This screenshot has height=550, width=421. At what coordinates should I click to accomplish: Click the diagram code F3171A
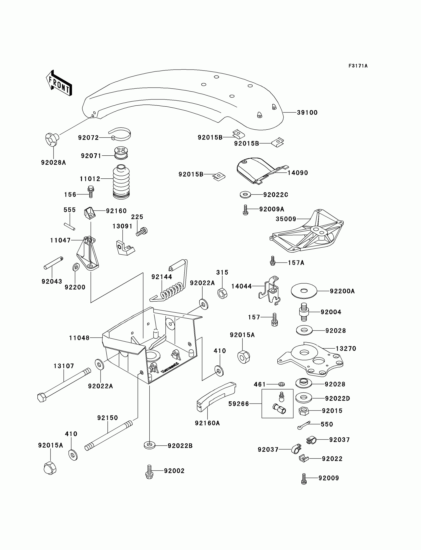click(358, 66)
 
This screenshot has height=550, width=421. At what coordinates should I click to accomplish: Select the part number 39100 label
click(307, 113)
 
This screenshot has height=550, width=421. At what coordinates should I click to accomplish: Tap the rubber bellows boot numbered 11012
click(121, 182)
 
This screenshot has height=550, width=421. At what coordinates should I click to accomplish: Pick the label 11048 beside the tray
click(79, 338)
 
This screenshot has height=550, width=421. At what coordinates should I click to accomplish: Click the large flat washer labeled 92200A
click(304, 291)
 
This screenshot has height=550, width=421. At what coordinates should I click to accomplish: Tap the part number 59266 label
click(238, 404)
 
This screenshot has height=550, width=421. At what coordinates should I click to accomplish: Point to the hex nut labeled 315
click(222, 293)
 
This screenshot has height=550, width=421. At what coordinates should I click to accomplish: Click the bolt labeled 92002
click(149, 472)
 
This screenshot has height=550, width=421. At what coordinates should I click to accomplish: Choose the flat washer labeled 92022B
click(150, 446)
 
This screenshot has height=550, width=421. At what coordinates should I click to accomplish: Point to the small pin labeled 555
click(69, 226)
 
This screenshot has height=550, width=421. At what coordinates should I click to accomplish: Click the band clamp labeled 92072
click(120, 134)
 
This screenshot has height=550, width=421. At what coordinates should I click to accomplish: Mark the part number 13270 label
click(346, 348)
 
